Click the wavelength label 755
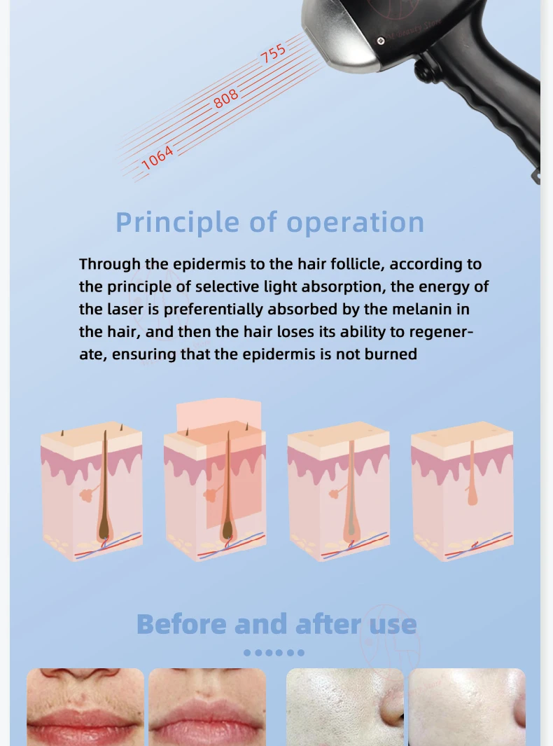273,53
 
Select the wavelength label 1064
157,158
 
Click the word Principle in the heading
177,223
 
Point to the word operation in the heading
355,223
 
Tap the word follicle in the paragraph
357,264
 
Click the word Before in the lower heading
181,624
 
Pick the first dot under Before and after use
247,653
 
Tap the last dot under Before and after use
300,653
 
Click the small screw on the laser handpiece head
381,41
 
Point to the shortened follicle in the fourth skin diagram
472,474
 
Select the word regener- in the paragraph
441,332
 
